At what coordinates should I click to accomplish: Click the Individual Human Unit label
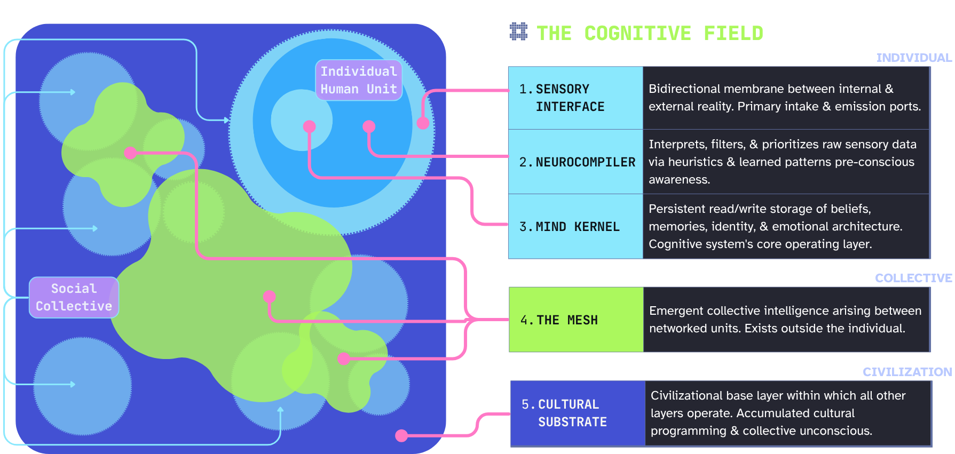[359, 80]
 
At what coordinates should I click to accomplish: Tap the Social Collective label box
[74, 297]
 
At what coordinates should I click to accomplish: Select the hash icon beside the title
[518, 32]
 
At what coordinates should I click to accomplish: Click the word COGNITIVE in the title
[637, 34]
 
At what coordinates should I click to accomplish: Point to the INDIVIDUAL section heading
[913, 58]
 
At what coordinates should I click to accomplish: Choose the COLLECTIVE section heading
[913, 278]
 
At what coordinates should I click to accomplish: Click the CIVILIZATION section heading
[907, 372]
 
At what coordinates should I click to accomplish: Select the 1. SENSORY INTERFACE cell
[575, 98]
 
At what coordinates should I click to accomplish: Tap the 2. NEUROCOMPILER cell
[575, 162]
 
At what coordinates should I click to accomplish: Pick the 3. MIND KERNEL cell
[575, 227]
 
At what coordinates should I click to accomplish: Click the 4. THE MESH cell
[576, 320]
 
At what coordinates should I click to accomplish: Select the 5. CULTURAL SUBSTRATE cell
[578, 413]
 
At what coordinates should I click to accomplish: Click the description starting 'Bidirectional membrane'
[785, 98]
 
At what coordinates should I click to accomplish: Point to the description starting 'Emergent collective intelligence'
[785, 320]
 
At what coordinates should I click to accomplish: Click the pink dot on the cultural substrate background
[401, 435]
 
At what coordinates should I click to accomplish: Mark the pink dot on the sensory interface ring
[423, 123]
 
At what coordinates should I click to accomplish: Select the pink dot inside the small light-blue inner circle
[309, 126]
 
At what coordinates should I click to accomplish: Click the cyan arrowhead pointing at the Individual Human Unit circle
[226, 120]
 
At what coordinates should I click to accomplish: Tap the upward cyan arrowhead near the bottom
[280, 410]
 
